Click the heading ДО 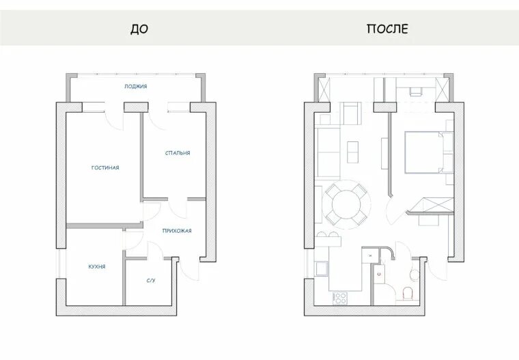[139, 29]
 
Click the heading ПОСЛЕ [387, 29]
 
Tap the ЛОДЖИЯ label [136, 87]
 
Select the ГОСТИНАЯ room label [105, 167]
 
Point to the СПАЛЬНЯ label [178, 153]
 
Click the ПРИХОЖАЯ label [177, 231]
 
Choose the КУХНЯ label [97, 266]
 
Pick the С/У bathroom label [151, 281]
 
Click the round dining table [346, 204]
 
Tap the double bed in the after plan [425, 152]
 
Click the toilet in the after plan [408, 293]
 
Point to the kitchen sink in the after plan [322, 268]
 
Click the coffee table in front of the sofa [352, 152]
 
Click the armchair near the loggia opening [351, 113]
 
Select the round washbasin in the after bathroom [415, 274]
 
